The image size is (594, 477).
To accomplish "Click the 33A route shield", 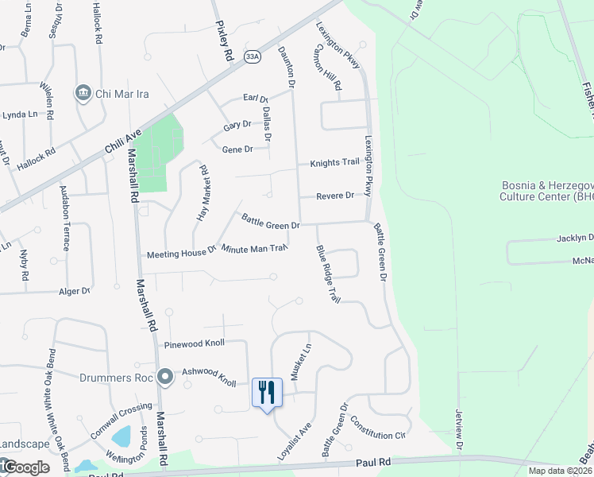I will pos(253,56).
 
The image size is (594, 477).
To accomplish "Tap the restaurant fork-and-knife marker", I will pos(266,392).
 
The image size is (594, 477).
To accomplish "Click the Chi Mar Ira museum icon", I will pos(83,94).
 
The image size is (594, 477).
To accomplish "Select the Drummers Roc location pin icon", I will pos(165,376).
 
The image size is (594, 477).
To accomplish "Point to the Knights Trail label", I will pos(334,162).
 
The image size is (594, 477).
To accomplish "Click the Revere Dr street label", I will pos(334,196).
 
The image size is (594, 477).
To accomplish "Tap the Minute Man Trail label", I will pos(253,249).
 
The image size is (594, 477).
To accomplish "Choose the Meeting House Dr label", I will pos(182,254).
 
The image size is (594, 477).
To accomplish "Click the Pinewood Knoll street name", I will pos(195,343).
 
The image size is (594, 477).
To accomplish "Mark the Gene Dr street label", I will pos(237,149).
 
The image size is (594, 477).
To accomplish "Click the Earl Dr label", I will pos(256,99).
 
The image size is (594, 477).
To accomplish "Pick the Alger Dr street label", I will pos(75,292).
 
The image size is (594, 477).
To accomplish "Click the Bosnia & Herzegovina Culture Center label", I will pos(547,190).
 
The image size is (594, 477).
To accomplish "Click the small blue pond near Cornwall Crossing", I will pos(121,436).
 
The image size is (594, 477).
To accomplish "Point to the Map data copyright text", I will pos(561,471).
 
